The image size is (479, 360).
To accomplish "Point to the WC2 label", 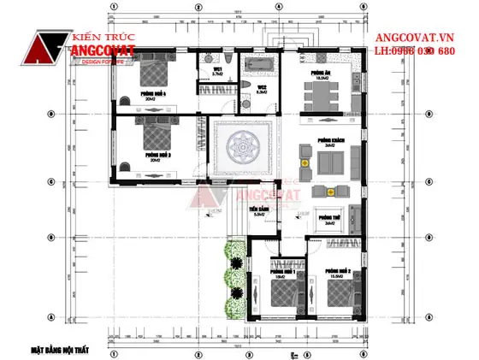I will (x=262, y=87).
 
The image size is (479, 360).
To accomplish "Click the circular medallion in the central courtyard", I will (x=241, y=154).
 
